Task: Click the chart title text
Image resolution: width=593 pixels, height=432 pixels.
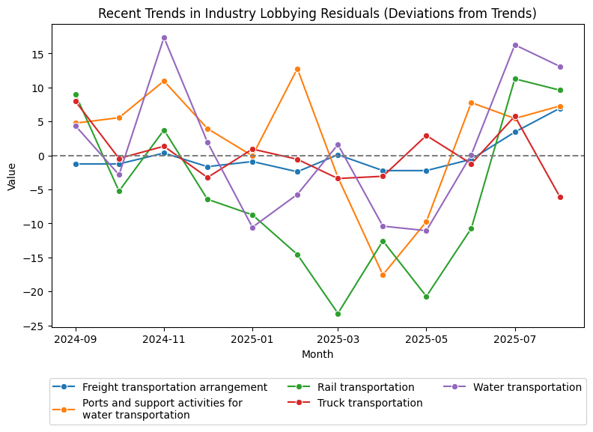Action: click(x=317, y=13)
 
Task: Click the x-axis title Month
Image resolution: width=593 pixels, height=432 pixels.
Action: click(x=317, y=353)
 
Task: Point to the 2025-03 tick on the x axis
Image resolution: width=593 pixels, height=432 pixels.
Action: click(x=338, y=338)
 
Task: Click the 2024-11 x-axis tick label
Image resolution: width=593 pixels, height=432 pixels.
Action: click(x=164, y=338)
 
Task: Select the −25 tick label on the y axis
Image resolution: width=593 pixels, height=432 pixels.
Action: click(x=35, y=326)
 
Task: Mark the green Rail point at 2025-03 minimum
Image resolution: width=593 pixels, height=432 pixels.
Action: click(x=338, y=314)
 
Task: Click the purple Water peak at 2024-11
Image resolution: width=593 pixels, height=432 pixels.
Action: click(x=164, y=37)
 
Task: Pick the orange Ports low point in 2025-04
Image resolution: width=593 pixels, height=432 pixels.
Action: click(x=383, y=275)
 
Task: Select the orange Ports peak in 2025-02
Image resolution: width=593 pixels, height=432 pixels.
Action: click(x=297, y=69)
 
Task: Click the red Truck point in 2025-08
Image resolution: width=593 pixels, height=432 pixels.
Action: click(x=560, y=197)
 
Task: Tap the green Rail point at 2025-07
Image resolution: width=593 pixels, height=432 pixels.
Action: click(x=515, y=79)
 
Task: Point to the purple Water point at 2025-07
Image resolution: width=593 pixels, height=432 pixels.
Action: click(x=515, y=45)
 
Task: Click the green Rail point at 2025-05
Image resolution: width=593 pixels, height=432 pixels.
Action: click(x=426, y=296)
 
